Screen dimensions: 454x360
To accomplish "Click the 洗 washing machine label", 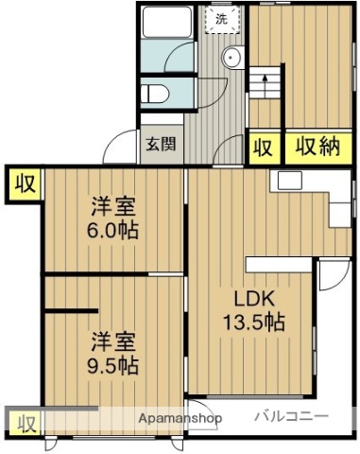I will click(221, 18).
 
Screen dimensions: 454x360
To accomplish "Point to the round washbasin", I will click(231, 58).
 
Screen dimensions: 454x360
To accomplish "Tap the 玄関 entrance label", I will click(160, 145).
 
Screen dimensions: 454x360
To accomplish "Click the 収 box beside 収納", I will click(263, 147).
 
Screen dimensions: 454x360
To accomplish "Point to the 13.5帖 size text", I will click(253, 322).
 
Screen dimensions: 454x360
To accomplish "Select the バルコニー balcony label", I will click(291, 416).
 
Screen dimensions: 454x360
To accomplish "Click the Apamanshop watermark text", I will click(179, 418).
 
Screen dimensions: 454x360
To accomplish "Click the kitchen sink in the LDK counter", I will click(288, 180).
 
